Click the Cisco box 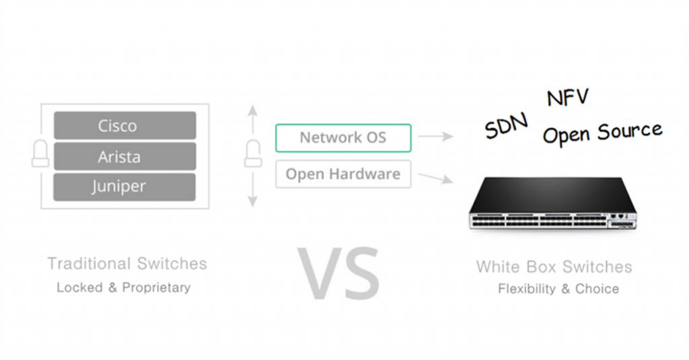tap(124, 125)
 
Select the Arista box tap(124, 156)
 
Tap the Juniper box tap(124, 187)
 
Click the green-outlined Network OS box tap(343, 138)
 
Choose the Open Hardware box tap(343, 174)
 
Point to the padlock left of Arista tap(40, 153)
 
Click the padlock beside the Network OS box tap(253, 153)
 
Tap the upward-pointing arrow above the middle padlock tap(252, 119)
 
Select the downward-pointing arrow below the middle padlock tap(252, 190)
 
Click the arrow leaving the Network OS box tap(435, 137)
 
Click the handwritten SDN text tap(506, 126)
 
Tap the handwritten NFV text tap(567, 97)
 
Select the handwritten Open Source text tap(602, 133)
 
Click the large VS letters tap(338, 273)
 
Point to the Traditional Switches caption tap(127, 264)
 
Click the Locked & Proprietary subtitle tap(124, 287)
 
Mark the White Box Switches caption tap(554, 267)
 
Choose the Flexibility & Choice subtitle tap(558, 289)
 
